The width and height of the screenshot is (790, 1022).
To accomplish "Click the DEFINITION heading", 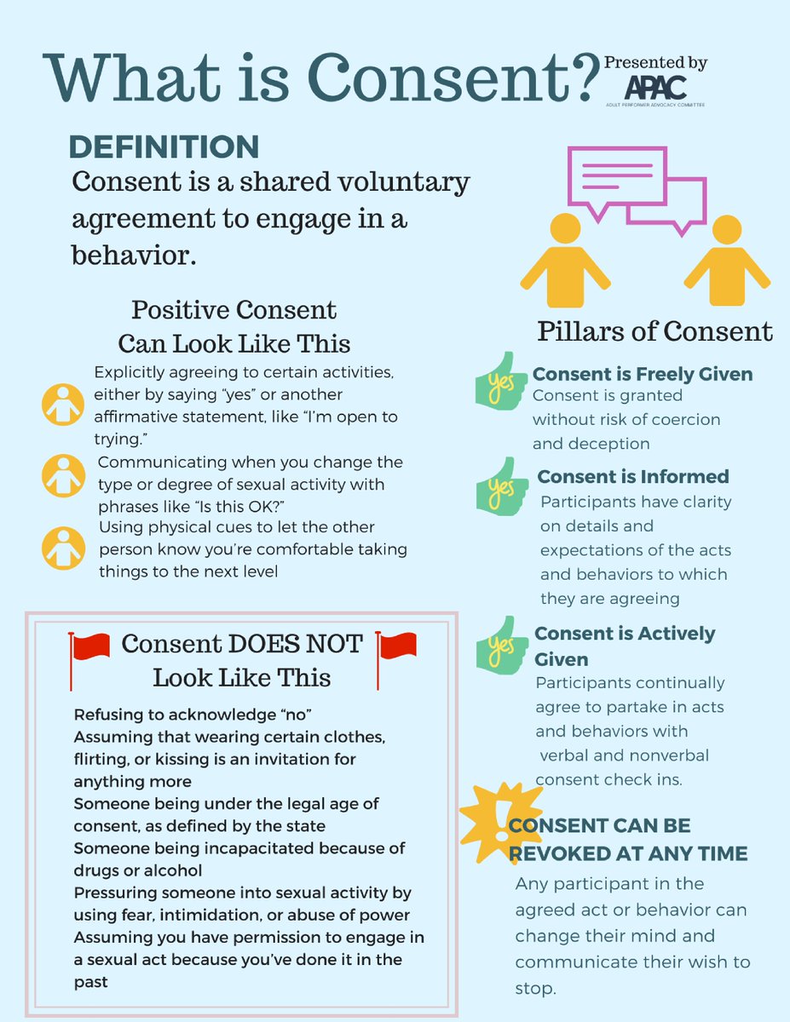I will tap(164, 146).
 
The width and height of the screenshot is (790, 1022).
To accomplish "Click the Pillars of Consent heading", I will tap(654, 331).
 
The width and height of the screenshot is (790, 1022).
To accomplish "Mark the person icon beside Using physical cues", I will tap(62, 549).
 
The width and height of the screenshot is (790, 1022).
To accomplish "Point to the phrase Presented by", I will tap(655, 64).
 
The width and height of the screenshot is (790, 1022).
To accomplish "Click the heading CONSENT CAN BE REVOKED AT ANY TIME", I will tap(628, 839).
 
